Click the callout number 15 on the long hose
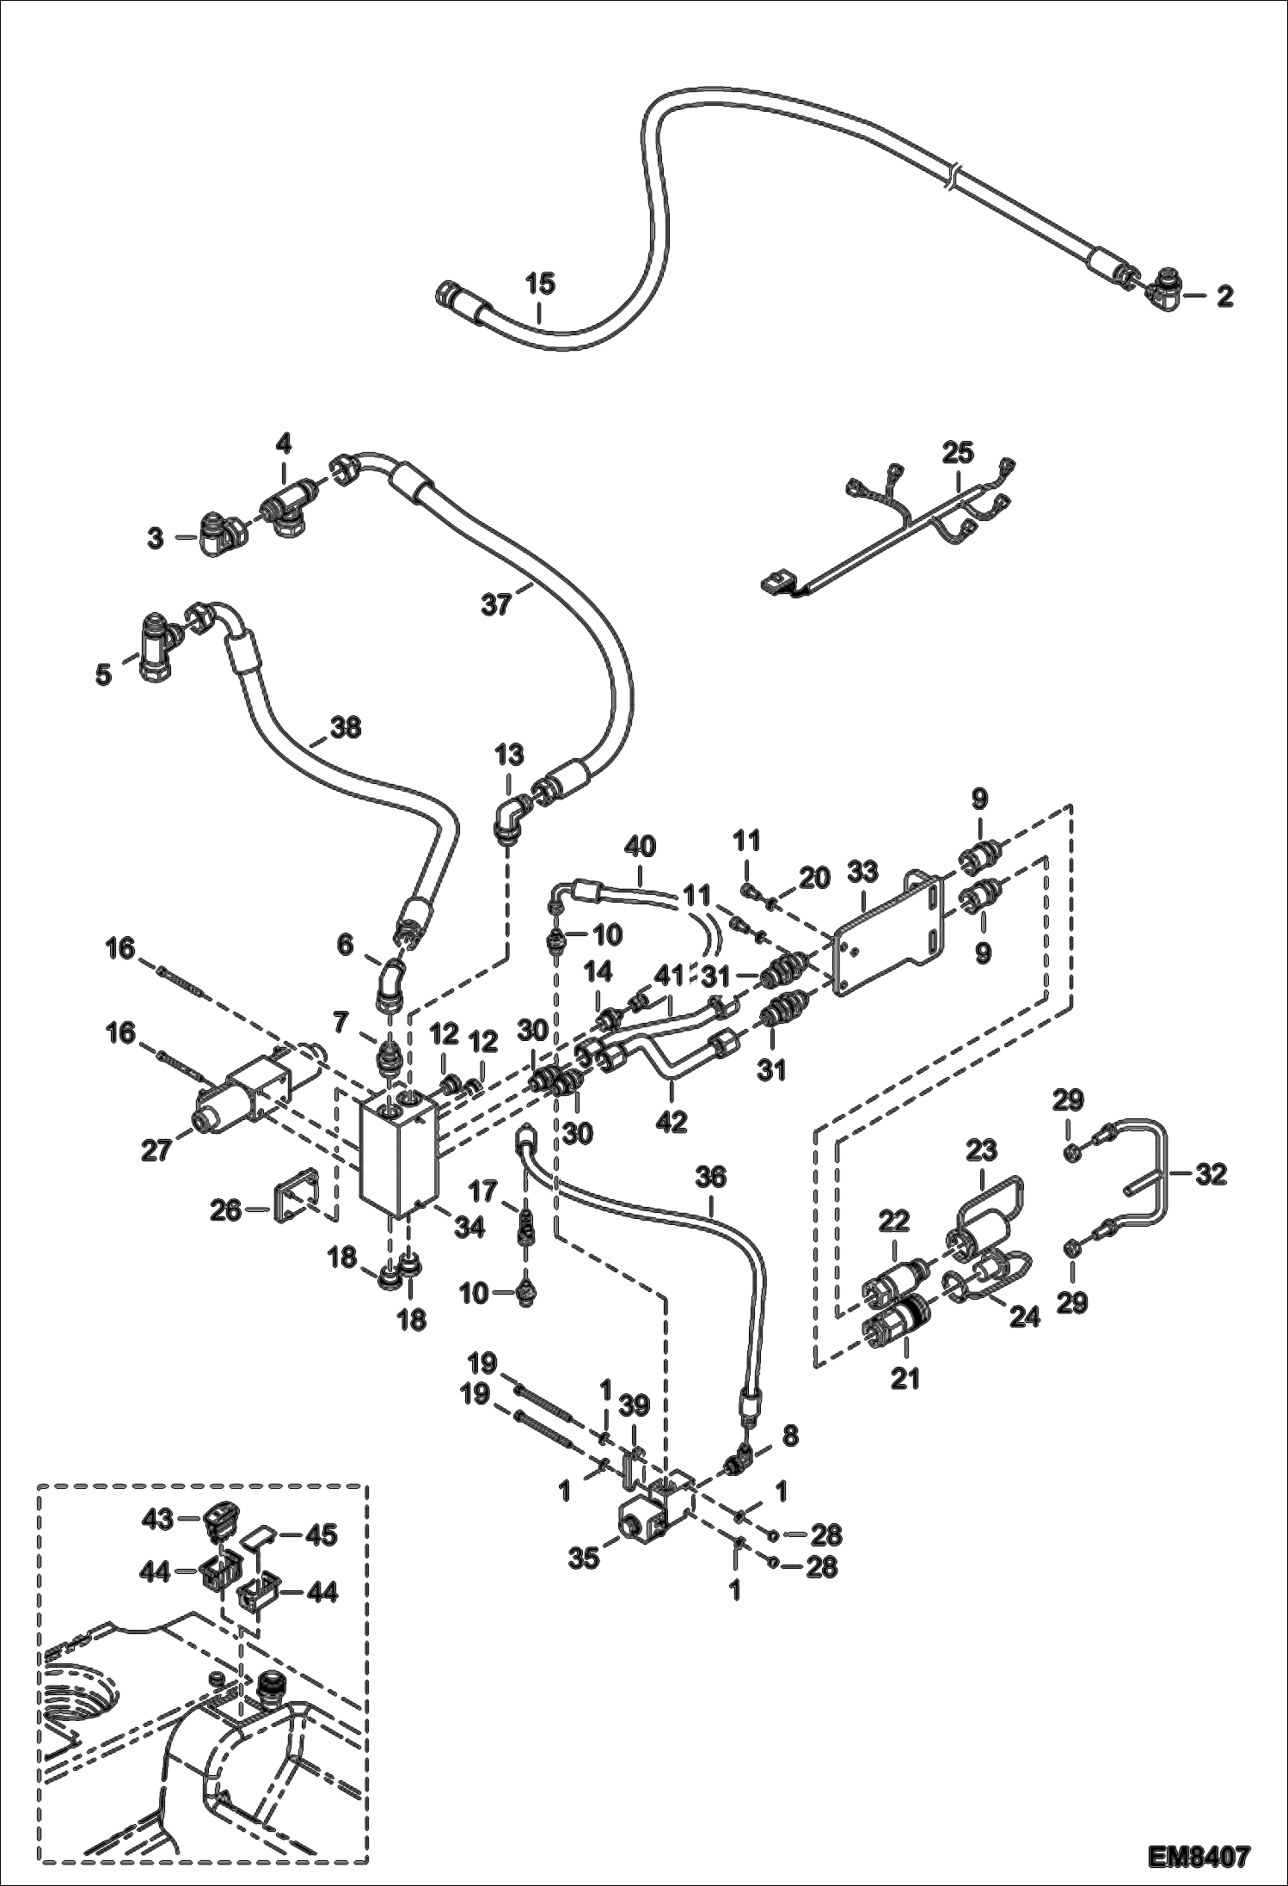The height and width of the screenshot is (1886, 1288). [541, 283]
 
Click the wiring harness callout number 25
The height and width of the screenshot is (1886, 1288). [958, 451]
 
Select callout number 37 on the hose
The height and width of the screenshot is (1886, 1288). [496, 604]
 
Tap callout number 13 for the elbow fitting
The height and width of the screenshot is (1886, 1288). [509, 756]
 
